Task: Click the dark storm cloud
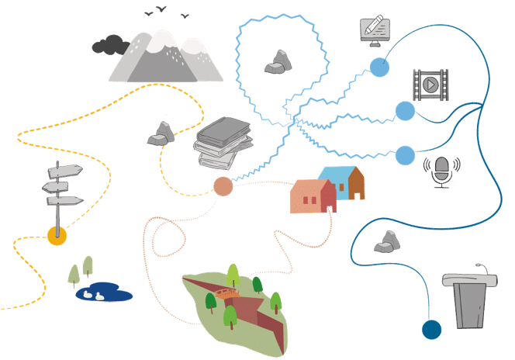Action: pyautogui.click(x=109, y=45)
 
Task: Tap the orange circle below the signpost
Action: pyautogui.click(x=57, y=236)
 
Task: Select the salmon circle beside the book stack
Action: pyautogui.click(x=223, y=186)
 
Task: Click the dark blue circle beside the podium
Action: pyautogui.click(x=431, y=329)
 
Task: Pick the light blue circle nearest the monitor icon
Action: pyautogui.click(x=378, y=67)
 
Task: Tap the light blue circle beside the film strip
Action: pyautogui.click(x=404, y=110)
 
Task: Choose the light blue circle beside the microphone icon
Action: pyautogui.click(x=405, y=155)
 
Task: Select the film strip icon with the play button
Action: pyautogui.click(x=430, y=83)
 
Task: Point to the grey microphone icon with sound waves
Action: pyautogui.click(x=441, y=171)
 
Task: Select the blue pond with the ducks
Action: pyautogui.click(x=103, y=292)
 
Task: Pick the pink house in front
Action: pyautogui.click(x=313, y=197)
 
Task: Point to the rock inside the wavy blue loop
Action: pyautogui.click(x=278, y=63)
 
